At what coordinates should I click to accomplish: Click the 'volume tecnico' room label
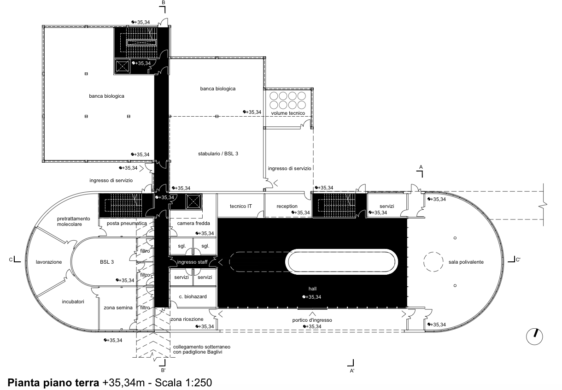(x=288, y=113)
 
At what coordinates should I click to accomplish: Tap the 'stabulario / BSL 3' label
(x=218, y=154)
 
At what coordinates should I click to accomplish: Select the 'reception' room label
(x=287, y=207)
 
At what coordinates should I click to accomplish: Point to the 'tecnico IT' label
(x=240, y=207)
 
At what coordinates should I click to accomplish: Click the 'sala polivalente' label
(x=466, y=262)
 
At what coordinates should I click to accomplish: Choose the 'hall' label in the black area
(x=312, y=289)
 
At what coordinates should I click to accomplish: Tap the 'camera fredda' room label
(x=193, y=224)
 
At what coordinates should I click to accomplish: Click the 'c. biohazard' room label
(x=193, y=296)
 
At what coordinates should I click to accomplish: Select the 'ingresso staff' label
(x=192, y=262)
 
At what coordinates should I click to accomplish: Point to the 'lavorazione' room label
(x=49, y=262)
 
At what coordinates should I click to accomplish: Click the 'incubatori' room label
(x=73, y=302)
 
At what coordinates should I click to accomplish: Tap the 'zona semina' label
(x=118, y=308)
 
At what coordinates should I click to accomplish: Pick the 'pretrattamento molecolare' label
(x=73, y=221)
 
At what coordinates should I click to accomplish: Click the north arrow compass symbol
(x=534, y=337)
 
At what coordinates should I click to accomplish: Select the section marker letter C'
(x=518, y=260)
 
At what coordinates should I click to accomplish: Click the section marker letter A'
(x=352, y=371)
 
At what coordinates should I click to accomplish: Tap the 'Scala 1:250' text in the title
(x=183, y=383)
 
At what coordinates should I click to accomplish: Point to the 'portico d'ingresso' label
(x=312, y=320)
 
